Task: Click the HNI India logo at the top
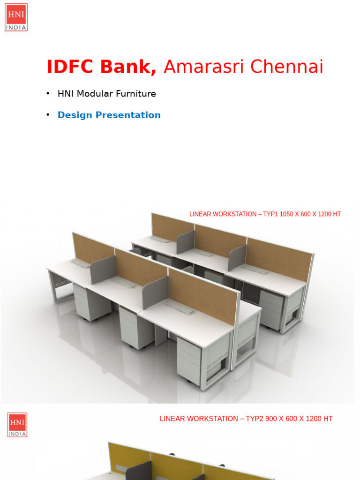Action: [16, 17]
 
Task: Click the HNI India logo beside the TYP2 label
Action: [17, 425]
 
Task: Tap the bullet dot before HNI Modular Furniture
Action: [48, 94]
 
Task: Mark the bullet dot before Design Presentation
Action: [48, 115]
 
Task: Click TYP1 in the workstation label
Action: [271, 214]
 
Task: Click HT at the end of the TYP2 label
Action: [328, 419]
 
